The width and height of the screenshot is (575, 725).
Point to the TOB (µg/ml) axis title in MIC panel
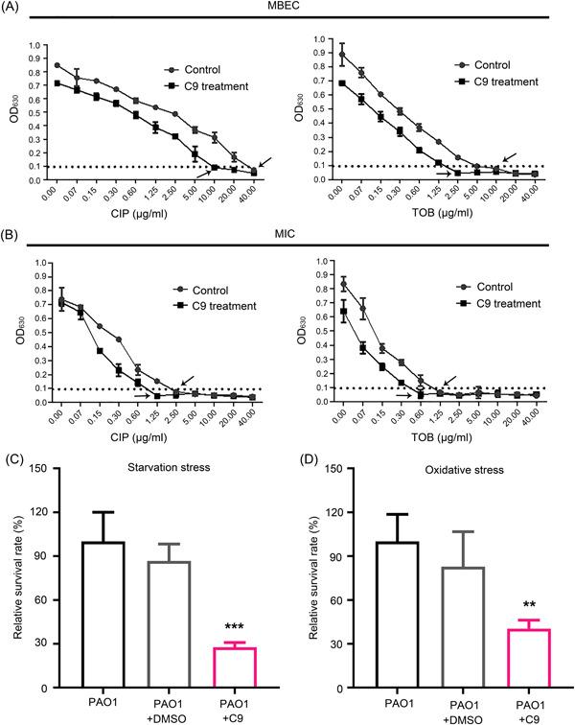[443, 437]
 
